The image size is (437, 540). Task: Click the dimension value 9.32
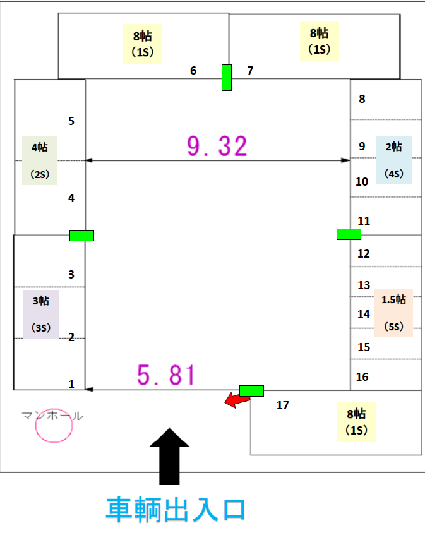tap(217, 146)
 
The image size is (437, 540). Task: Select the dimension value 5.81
tap(166, 376)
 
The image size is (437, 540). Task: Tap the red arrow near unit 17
tap(236, 399)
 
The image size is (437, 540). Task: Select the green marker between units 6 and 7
tap(227, 78)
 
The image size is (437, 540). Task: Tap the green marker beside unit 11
tap(349, 234)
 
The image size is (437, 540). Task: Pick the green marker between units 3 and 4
tap(81, 236)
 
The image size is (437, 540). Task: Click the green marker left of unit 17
tap(251, 390)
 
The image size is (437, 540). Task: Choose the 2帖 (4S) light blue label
tap(394, 160)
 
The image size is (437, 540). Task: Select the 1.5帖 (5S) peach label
tap(393, 313)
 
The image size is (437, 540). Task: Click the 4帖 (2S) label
tap(40, 160)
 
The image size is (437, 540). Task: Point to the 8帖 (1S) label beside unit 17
tap(356, 422)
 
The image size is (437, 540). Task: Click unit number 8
tap(362, 99)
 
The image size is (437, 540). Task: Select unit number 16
tap(362, 377)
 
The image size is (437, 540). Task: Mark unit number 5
tap(71, 121)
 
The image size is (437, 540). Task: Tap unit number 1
tap(71, 384)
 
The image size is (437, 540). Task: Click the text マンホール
tap(52, 416)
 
